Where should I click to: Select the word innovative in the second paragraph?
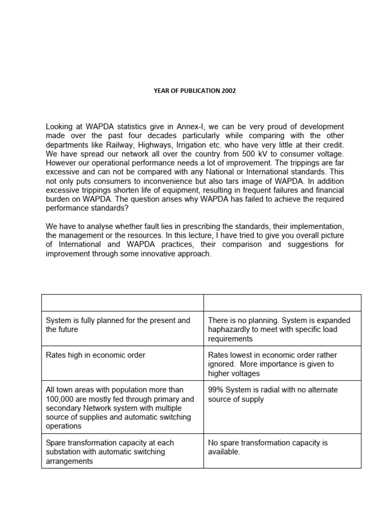(153, 254)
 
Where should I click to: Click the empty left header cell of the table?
(122, 302)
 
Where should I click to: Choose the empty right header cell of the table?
(282, 302)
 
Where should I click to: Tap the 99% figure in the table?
(216, 390)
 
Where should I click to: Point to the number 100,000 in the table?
(59, 399)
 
